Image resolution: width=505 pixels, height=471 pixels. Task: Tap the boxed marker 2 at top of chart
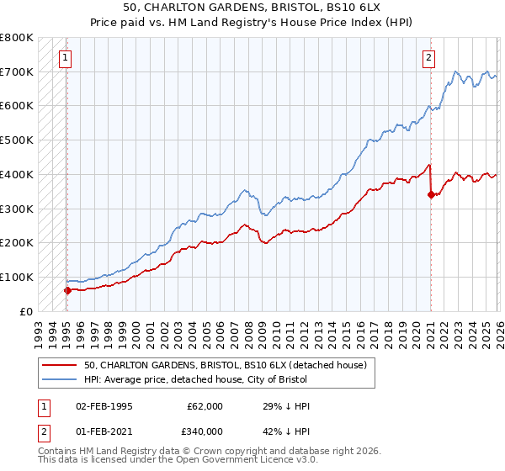428,58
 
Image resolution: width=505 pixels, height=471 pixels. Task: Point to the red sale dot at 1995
67,290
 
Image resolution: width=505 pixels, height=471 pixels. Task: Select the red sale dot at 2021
431,194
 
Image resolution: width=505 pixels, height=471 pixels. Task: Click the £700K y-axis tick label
17,72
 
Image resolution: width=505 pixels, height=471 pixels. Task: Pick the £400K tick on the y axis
17,175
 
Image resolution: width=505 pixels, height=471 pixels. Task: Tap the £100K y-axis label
17,278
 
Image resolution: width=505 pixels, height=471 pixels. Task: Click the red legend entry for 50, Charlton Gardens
225,366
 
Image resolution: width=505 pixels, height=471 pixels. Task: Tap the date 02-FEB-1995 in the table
104,406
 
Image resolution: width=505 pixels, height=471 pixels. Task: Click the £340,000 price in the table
205,431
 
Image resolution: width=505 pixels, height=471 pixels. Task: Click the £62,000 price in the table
205,406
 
